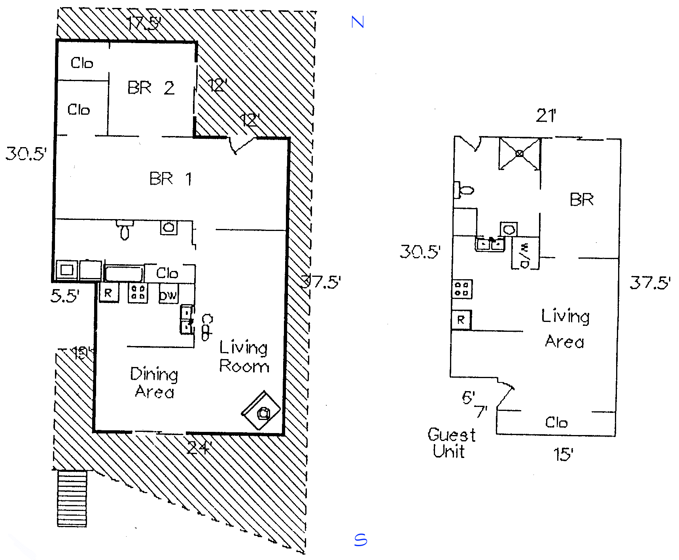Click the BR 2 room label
pos(151,88)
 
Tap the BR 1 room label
pos(170,179)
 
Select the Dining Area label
pos(154,382)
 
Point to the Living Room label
pos(244,357)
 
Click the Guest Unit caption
pos(451,443)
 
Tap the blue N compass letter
pos(357,22)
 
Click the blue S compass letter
pos(360,540)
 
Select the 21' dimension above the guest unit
pos(546,116)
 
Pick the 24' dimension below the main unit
pos(199,448)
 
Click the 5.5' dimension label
pos(65,296)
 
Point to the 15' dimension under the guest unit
pos(563,454)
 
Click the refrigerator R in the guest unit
pos(461,320)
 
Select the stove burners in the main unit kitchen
pos(138,293)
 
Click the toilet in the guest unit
pos(463,190)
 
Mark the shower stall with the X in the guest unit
pos(519,153)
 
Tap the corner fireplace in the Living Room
pos(261,411)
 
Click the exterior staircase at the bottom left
pos(72,498)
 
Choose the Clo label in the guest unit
pos(556,423)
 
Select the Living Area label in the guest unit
pos(565,329)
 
